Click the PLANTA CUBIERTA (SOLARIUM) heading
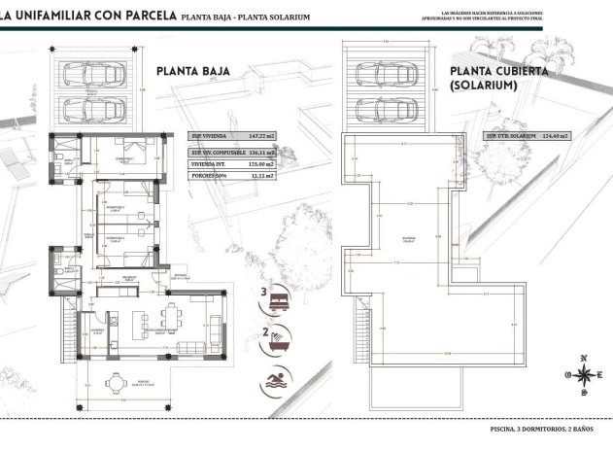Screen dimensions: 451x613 click(499, 78)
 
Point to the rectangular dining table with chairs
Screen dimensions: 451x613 click(172, 318)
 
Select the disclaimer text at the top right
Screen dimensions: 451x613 click(532, 17)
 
